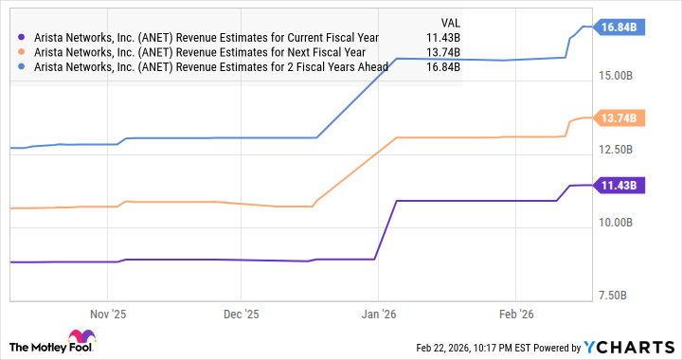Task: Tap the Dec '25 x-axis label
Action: [242, 312]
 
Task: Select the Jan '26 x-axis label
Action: [378, 312]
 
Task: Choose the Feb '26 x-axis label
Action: [512, 312]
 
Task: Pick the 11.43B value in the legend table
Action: [440, 38]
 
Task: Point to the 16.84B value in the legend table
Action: [440, 68]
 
